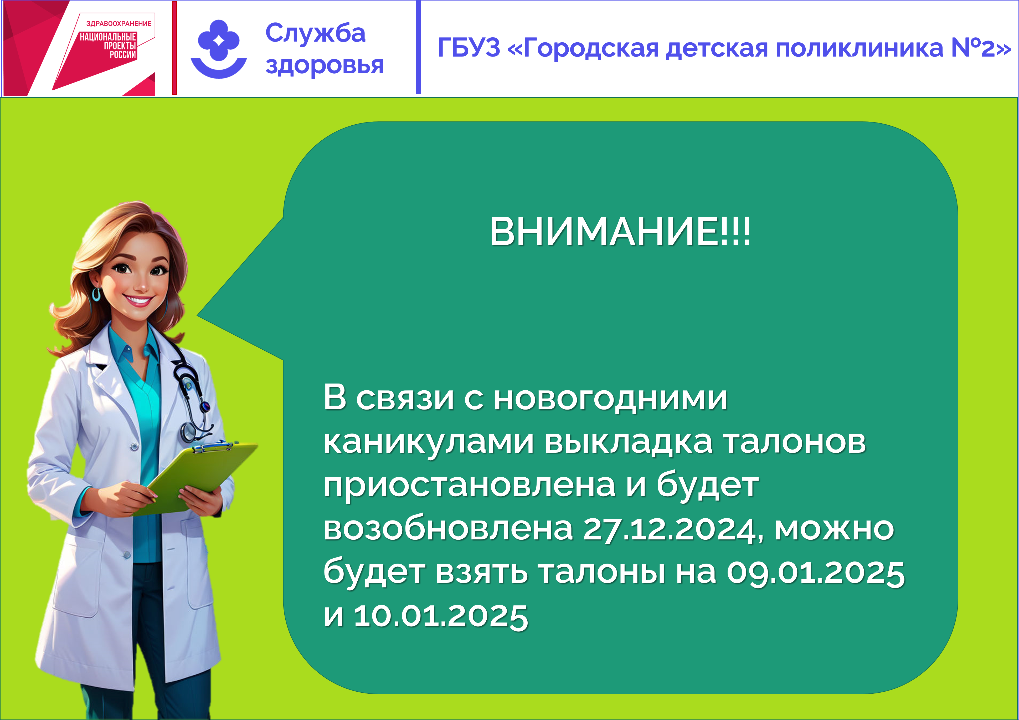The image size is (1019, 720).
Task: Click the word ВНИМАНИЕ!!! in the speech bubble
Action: point(620,231)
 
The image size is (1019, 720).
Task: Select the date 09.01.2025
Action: point(816,573)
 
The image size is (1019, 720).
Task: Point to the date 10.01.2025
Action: point(441,616)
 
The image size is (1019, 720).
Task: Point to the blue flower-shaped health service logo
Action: point(219,49)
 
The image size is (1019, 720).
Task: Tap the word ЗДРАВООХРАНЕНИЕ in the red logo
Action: point(119,23)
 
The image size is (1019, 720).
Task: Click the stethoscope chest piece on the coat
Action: point(188,431)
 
